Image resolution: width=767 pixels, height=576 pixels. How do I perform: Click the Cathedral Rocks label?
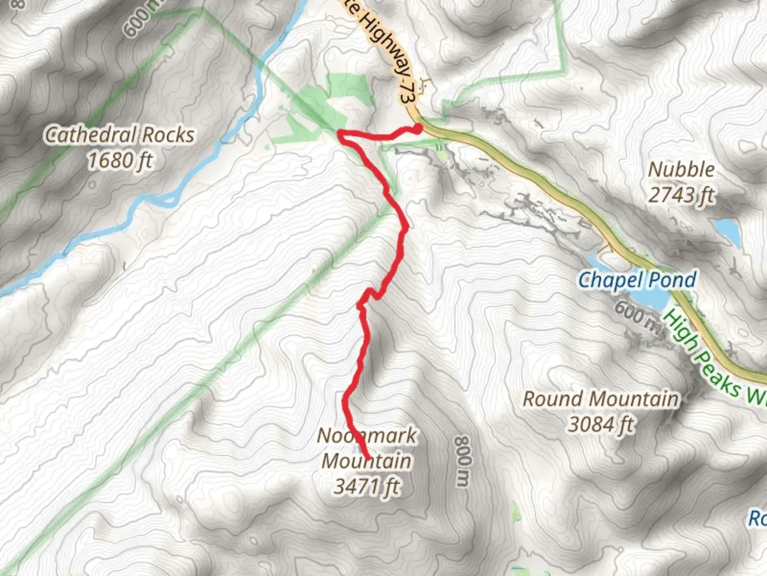[x=119, y=135]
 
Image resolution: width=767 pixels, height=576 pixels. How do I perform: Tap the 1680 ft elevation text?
[x=120, y=160]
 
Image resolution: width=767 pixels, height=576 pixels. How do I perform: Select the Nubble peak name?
[x=681, y=170]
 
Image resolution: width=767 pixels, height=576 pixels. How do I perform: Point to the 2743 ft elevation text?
[x=681, y=195]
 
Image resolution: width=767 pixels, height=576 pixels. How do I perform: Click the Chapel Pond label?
[x=637, y=279]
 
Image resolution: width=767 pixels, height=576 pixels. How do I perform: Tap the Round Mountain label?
[x=601, y=399]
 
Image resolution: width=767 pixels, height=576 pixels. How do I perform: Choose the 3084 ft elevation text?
[x=601, y=425]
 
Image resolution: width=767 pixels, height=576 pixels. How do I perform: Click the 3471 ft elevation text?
[x=366, y=486]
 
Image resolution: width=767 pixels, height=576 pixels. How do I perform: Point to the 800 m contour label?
[x=462, y=461]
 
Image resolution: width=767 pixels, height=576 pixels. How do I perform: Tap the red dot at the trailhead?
[x=418, y=129]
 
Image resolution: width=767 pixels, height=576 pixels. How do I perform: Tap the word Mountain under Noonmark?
[x=366, y=461]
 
